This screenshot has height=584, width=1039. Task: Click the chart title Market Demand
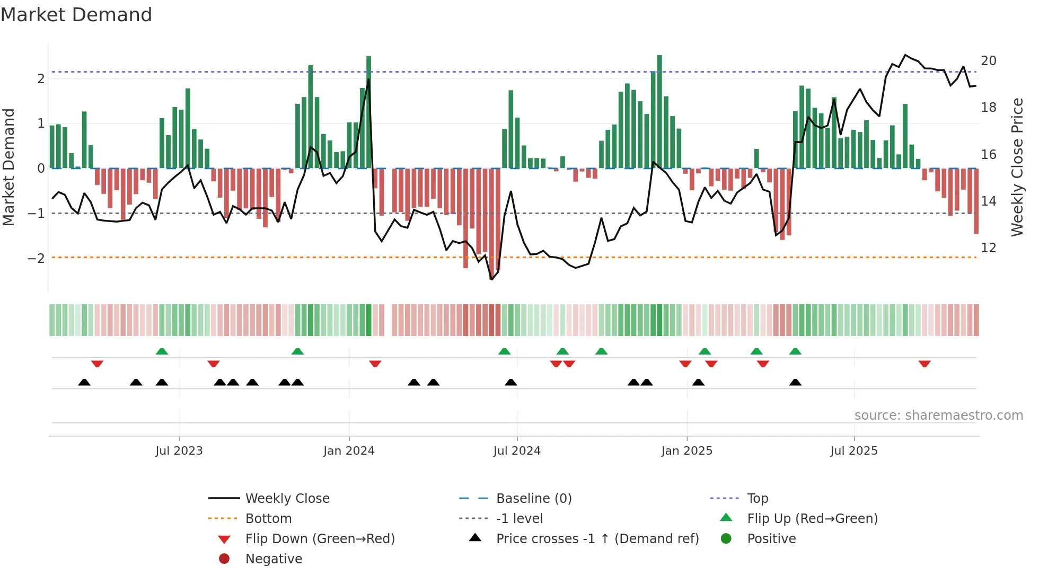(76, 15)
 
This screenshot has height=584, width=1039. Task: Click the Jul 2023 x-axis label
(179, 451)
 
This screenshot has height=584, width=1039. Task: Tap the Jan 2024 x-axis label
(349, 451)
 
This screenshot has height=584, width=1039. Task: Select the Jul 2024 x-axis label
(517, 451)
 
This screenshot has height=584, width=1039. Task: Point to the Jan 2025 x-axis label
(686, 451)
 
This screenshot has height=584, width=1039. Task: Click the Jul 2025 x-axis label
(854, 451)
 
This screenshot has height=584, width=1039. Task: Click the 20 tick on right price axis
(988, 61)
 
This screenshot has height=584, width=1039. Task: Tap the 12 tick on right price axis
(988, 248)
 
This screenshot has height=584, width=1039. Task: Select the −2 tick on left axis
(36, 259)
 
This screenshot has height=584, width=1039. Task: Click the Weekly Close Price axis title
(1017, 167)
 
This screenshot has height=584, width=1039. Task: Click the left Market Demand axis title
(8, 167)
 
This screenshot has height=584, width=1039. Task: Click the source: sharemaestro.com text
(938, 415)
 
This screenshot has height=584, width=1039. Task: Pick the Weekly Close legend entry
(287, 499)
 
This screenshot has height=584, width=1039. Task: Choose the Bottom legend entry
(268, 519)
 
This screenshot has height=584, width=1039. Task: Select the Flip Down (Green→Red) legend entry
(320, 539)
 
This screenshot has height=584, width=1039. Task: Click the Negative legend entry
(274, 559)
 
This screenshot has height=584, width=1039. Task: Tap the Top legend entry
(757, 499)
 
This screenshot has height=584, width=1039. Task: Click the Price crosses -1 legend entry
(597, 539)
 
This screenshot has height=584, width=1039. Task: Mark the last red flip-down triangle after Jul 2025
(924, 364)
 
